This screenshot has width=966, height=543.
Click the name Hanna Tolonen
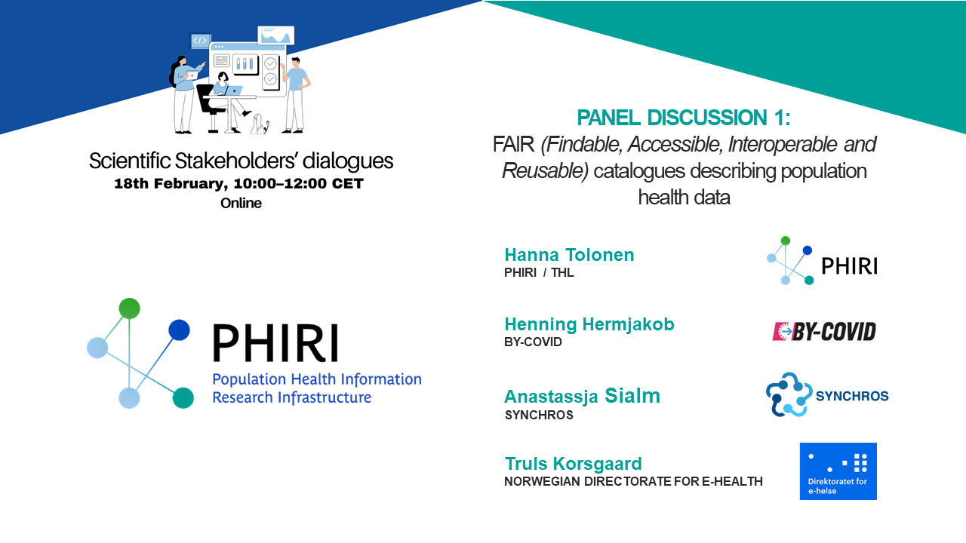pyautogui.click(x=569, y=255)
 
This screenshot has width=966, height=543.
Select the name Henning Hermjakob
pyautogui.click(x=589, y=324)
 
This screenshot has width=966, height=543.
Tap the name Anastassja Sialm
pyautogui.click(x=582, y=396)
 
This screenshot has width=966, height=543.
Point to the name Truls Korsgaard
pyautogui.click(x=573, y=464)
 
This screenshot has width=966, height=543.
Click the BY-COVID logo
pyautogui.click(x=824, y=332)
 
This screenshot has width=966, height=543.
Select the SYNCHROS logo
pyautogui.click(x=827, y=394)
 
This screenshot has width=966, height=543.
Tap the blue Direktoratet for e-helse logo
pyautogui.click(x=838, y=471)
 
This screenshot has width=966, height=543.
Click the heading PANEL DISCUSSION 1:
pyautogui.click(x=684, y=118)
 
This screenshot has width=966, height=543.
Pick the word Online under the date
pyautogui.click(x=241, y=203)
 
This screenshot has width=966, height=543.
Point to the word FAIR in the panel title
pyautogui.click(x=513, y=144)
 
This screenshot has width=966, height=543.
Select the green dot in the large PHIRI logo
pyautogui.click(x=129, y=308)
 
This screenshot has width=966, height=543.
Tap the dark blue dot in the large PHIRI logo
pyautogui.click(x=179, y=330)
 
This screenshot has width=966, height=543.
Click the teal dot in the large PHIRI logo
pyautogui.click(x=183, y=397)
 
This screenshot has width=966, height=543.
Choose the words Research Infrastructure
pyautogui.click(x=291, y=397)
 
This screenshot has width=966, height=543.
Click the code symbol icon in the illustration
pyautogui.click(x=200, y=41)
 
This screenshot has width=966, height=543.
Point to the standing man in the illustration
pyautogui.click(x=295, y=95)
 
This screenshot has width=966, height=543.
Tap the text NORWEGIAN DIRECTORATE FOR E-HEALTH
pyautogui.click(x=633, y=481)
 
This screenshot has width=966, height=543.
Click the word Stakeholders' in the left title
pyautogui.click(x=236, y=161)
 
